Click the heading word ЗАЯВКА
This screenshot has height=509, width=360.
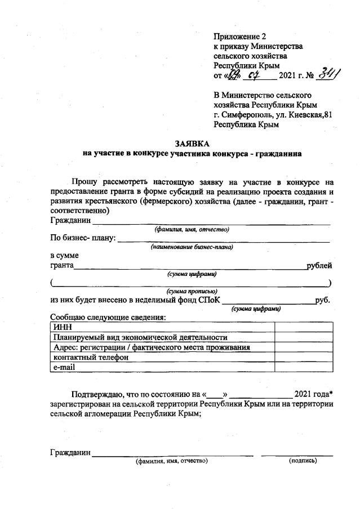(x=180, y=144)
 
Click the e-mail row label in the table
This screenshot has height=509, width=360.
(x=64, y=367)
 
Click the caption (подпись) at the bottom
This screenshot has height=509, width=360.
(x=303, y=461)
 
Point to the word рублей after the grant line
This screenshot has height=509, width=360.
(x=319, y=265)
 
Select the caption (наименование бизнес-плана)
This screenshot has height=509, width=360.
(x=192, y=247)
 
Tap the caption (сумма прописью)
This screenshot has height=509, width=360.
(x=192, y=291)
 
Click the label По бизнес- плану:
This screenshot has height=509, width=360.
(x=83, y=238)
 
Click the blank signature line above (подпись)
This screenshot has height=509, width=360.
(x=304, y=454)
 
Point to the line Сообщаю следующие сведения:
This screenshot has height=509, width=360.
(x=108, y=317)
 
